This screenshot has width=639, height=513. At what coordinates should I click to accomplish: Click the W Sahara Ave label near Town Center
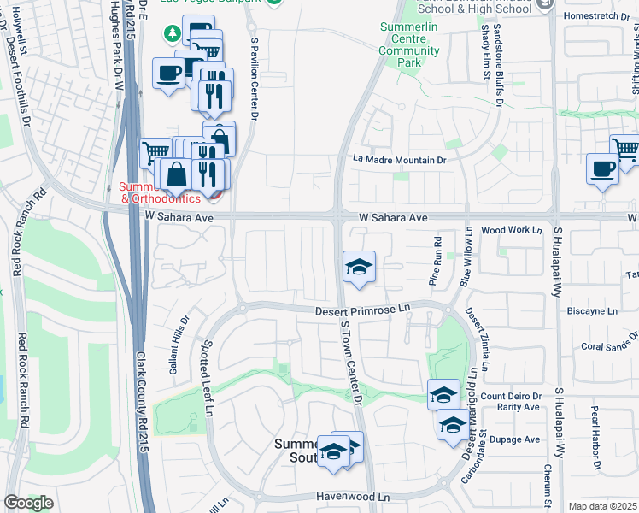pyautogui.click(x=392, y=219)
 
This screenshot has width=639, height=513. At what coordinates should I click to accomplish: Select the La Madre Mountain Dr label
pyautogui.click(x=400, y=159)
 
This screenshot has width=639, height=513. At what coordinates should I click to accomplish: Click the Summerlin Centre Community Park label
pyautogui.click(x=409, y=45)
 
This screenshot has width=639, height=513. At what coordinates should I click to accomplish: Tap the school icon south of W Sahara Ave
pyautogui.click(x=359, y=267)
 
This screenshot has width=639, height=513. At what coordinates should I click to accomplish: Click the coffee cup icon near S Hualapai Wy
pyautogui.click(x=602, y=168)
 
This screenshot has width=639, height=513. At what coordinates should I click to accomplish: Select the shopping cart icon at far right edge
pyautogui.click(x=626, y=150)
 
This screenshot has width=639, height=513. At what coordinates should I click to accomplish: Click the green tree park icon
pyautogui.click(x=173, y=33)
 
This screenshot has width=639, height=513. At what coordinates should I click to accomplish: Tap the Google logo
pyautogui.click(x=28, y=503)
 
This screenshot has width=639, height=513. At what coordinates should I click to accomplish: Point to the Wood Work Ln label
pyautogui.click(x=512, y=230)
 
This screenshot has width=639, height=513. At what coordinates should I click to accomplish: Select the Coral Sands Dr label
pyautogui.click(x=609, y=346)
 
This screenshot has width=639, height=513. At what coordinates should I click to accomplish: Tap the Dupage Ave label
pyautogui.click(x=521, y=439)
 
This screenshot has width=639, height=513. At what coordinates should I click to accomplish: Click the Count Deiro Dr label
pyautogui.click(x=512, y=396)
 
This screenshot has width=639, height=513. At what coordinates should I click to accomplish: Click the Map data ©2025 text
pyautogui.click(x=603, y=506)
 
